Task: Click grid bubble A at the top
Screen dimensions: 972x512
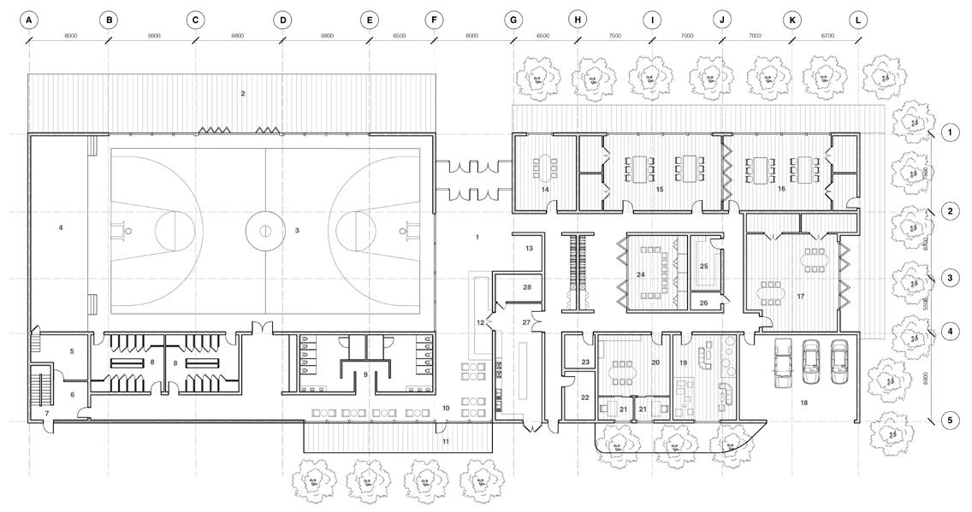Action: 29,19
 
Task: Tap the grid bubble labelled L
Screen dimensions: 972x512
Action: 857,19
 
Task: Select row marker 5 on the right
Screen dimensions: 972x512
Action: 947,420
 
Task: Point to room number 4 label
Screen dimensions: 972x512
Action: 61,227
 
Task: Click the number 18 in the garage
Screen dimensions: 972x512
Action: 803,401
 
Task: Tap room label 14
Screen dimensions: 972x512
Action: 544,190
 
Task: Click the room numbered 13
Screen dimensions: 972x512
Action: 529,248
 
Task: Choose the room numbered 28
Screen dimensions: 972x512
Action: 527,287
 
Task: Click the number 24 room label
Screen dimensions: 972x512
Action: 640,274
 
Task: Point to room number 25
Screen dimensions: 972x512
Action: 703,267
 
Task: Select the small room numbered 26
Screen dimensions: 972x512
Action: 703,303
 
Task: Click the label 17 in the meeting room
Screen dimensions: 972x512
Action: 801,297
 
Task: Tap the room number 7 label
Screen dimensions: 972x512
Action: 47,414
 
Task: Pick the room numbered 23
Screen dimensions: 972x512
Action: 585,363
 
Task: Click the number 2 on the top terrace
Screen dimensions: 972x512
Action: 243,93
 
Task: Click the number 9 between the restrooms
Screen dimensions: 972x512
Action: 365,374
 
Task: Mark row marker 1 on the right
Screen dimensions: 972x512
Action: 947,132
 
